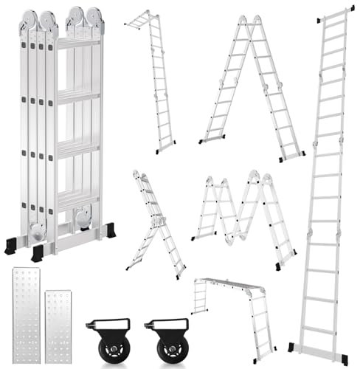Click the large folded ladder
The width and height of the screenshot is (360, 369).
[x=63, y=133]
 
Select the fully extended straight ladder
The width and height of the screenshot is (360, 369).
[x=325, y=184]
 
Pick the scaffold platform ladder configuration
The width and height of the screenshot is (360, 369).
[x=232, y=310]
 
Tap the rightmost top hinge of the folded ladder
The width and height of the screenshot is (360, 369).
[x=94, y=21]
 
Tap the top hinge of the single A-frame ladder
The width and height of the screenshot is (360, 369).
[x=252, y=22]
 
